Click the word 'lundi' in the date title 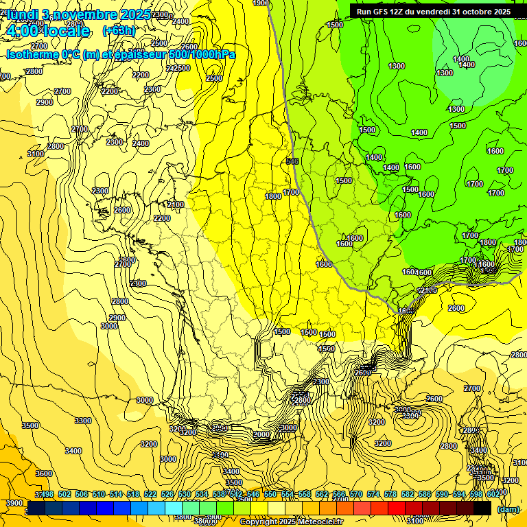pos(21,14)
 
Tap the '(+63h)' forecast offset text pos(119,31)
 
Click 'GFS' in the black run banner pos(382,12)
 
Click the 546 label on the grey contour pos(292,161)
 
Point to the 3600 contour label pos(43,473)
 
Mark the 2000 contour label pos(261,434)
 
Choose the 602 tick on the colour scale pos(493,494)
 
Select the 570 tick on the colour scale pos(355,494)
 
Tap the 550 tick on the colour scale pos(270,494)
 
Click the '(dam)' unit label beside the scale pos(508,509)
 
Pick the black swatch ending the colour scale pos(482,508)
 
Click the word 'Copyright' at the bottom pos(257,522)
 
